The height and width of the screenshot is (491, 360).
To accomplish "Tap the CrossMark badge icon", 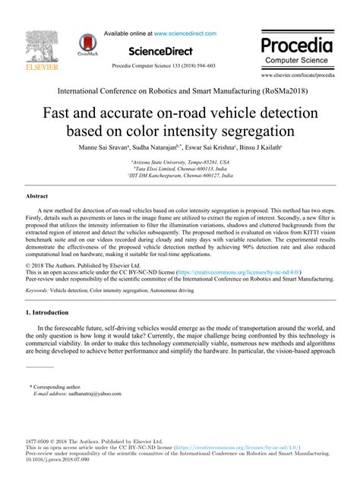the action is tap(85, 46).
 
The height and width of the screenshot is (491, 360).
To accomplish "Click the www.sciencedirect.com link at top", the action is tap(185, 34).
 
